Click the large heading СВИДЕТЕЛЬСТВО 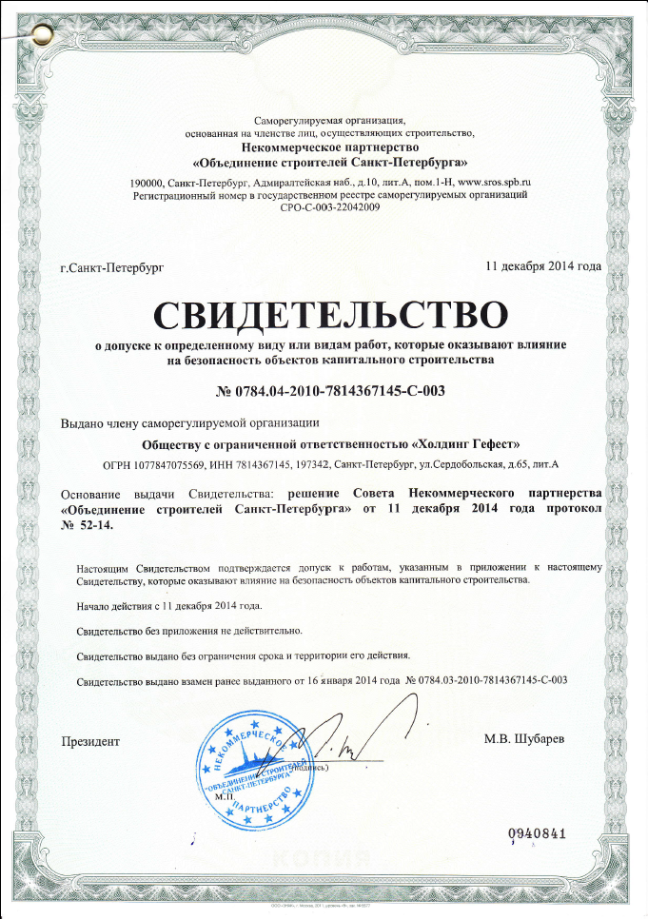pos(330,313)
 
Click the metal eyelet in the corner pos(41,36)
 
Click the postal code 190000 pos(147,181)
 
